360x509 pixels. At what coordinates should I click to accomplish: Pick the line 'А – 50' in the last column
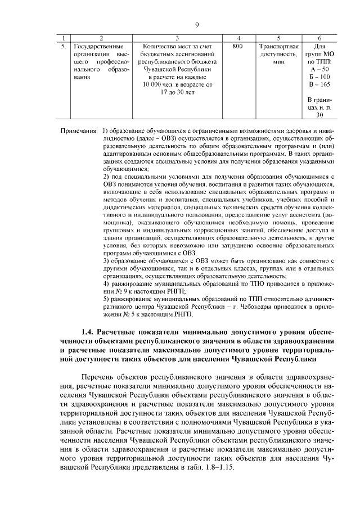coord(319,69)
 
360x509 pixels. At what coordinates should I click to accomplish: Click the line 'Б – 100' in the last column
coord(319,76)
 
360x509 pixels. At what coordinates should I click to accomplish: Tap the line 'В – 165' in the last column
coord(319,84)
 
